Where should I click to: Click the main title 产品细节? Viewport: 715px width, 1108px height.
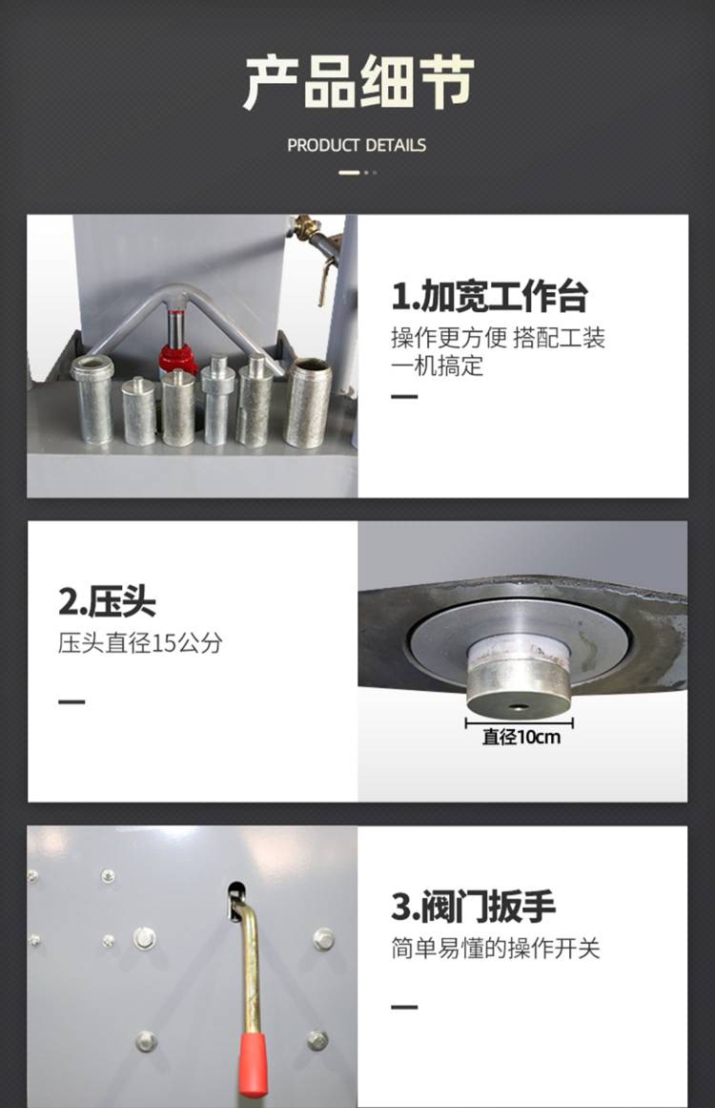tap(358, 82)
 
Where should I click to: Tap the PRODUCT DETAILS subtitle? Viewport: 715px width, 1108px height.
tap(357, 146)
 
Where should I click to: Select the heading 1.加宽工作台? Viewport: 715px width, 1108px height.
tap(490, 296)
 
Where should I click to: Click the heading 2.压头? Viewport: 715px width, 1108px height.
tap(107, 602)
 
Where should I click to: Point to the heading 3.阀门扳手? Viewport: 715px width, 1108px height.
tap(474, 908)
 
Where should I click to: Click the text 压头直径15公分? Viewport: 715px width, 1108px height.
tap(140, 643)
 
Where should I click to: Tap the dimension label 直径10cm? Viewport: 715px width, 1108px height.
tap(521, 737)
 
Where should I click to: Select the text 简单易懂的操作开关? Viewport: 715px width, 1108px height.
tap(496, 949)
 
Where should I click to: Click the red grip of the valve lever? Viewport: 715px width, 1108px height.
tap(252, 1064)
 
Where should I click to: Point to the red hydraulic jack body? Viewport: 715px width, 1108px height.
tap(177, 358)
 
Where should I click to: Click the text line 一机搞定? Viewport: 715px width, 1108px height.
tap(438, 366)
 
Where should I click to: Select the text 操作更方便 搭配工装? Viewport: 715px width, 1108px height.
tap(499, 338)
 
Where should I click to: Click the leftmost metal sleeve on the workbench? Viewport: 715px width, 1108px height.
tap(92, 399)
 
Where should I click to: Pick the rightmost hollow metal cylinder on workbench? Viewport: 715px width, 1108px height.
tap(308, 403)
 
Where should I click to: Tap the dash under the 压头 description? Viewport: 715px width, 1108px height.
tap(72, 701)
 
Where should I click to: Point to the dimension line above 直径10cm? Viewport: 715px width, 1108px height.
tap(519, 722)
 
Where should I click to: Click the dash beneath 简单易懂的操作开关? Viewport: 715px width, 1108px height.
tap(404, 1006)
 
